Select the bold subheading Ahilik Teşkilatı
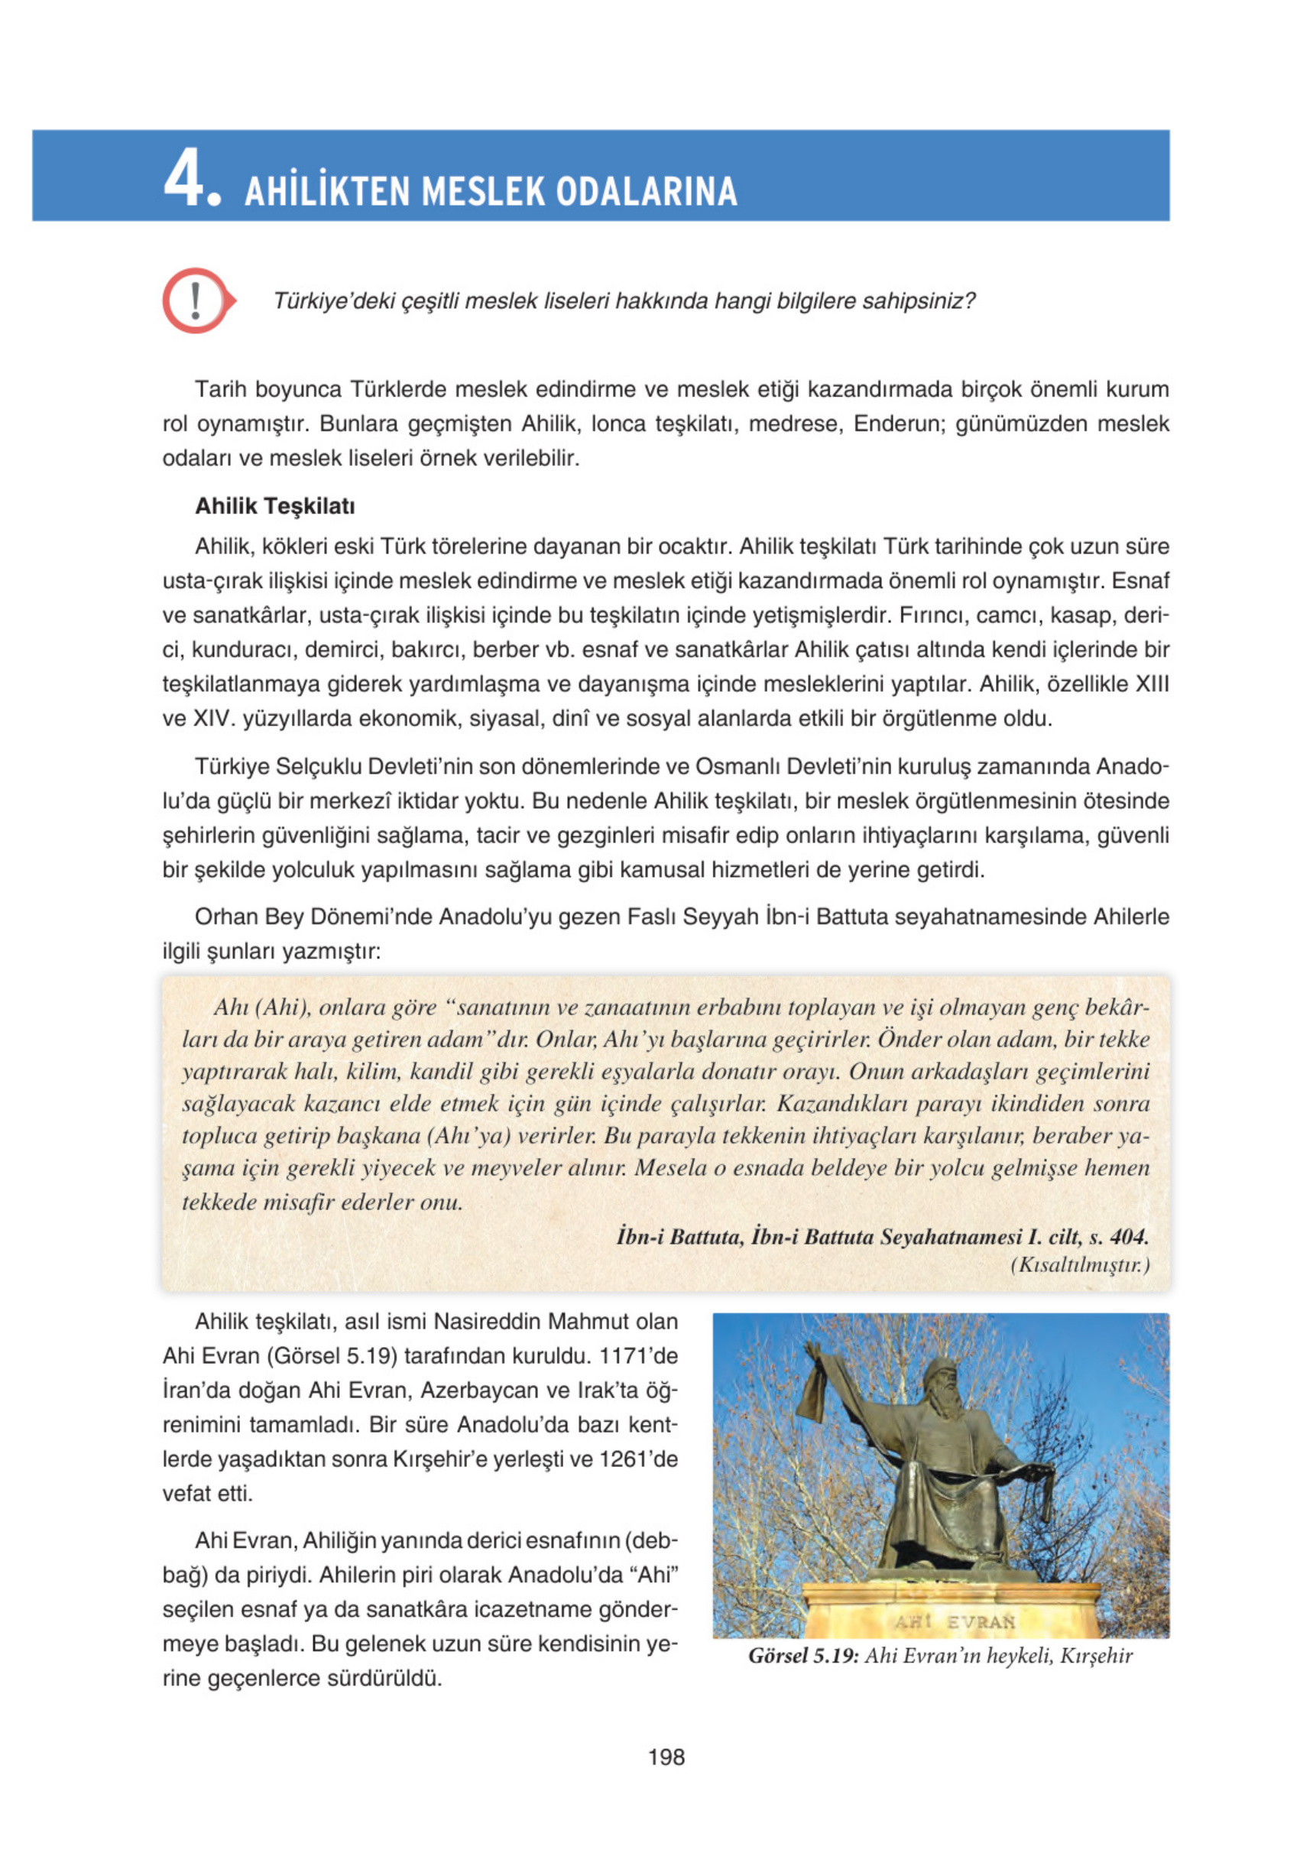[274, 506]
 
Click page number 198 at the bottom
[666, 1757]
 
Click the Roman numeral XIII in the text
[1152, 684]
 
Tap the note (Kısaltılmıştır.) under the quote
[1080, 1264]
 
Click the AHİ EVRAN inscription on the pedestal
[954, 1621]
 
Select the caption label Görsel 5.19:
[803, 1656]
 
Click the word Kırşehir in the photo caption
[1096, 1656]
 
